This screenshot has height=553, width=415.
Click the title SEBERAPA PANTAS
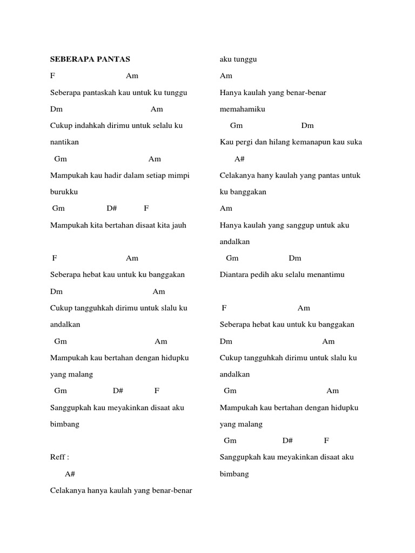[90, 59]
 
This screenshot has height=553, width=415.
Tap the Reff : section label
[59, 457]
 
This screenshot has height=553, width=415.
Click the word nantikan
[64, 142]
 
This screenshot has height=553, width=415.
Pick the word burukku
[64, 192]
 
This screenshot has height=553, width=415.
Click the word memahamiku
[243, 109]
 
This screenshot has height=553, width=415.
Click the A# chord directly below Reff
[70, 474]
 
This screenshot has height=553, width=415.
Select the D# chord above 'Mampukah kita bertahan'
[112, 208]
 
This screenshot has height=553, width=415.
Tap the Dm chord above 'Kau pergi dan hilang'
[307, 125]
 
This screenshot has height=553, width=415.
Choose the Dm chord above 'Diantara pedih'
[295, 258]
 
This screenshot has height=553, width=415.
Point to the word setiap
[157, 176]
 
